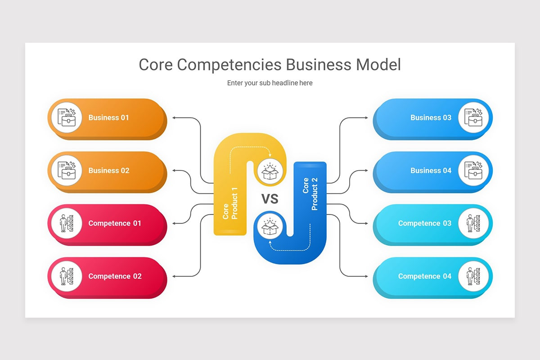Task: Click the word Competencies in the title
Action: pyautogui.click(x=229, y=65)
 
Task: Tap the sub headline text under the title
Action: pyautogui.click(x=270, y=83)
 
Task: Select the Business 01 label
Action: pyautogui.click(x=108, y=118)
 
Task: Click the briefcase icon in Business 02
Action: pyautogui.click(x=67, y=171)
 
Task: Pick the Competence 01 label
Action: pyautogui.click(x=115, y=224)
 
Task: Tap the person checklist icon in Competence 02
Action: pyautogui.click(x=67, y=276)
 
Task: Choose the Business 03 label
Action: pyautogui.click(x=431, y=118)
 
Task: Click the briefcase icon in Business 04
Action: pyautogui.click(x=473, y=171)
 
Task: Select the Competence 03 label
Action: pyautogui.click(x=424, y=224)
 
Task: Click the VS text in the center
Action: pyautogui.click(x=270, y=199)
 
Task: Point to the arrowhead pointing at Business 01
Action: pyautogui.click(x=175, y=118)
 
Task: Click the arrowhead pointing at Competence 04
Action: pyautogui.click(x=366, y=276)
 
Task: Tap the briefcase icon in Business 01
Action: pyautogui.click(x=67, y=118)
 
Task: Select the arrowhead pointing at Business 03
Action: pyautogui.click(x=366, y=118)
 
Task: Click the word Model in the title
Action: pyautogui.click(x=378, y=65)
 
